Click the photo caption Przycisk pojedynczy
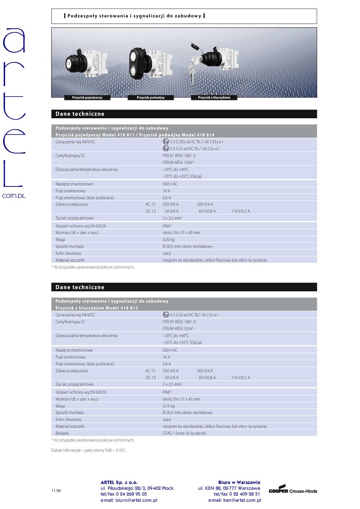point(87,98)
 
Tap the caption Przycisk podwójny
point(151,98)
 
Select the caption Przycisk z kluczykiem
point(214,98)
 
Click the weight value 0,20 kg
point(168,239)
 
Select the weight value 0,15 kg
point(168,406)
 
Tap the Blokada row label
point(62,433)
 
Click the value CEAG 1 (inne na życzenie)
point(184,433)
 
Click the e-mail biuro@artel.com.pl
point(129,500)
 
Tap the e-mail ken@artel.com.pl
point(234,500)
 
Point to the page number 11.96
point(56,491)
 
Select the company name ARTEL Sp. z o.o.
point(119,483)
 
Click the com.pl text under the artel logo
point(14,196)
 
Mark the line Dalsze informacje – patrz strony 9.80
point(89,450)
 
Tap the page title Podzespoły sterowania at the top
point(134,16)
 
